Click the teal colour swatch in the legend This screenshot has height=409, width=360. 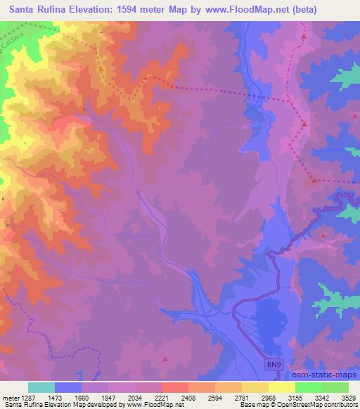tap(41, 387)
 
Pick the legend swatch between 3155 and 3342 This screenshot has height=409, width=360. tap(308, 387)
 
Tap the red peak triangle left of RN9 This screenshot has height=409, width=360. tap(165, 358)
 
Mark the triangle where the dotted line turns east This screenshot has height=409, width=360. tap(314, 179)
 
